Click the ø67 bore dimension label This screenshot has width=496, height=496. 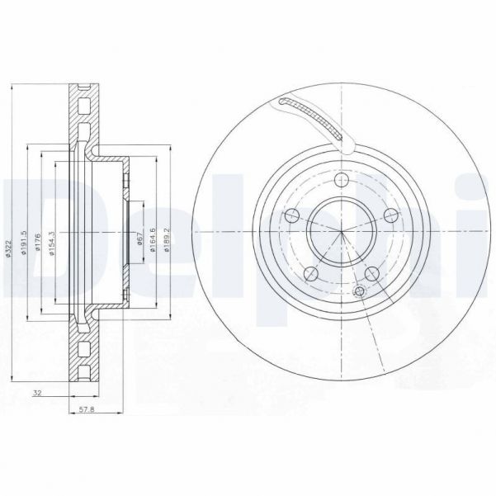(141, 239)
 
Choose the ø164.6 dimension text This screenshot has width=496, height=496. (154, 239)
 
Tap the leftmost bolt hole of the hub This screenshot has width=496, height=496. (290, 217)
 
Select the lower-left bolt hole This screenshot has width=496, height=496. (310, 274)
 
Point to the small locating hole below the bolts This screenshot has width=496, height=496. (358, 291)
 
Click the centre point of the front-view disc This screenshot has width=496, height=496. (340, 232)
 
